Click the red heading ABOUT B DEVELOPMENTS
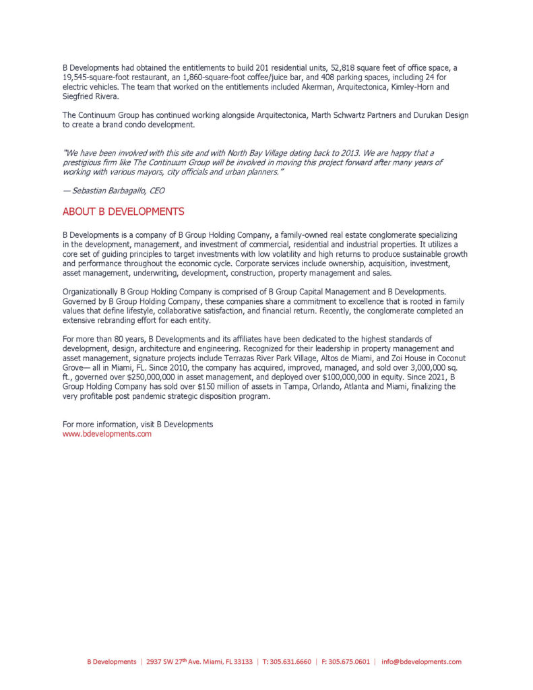pos(123,212)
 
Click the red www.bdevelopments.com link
pos(106,434)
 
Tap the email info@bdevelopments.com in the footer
pos(421,662)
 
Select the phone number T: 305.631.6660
pos(287,662)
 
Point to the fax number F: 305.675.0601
pos(346,662)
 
